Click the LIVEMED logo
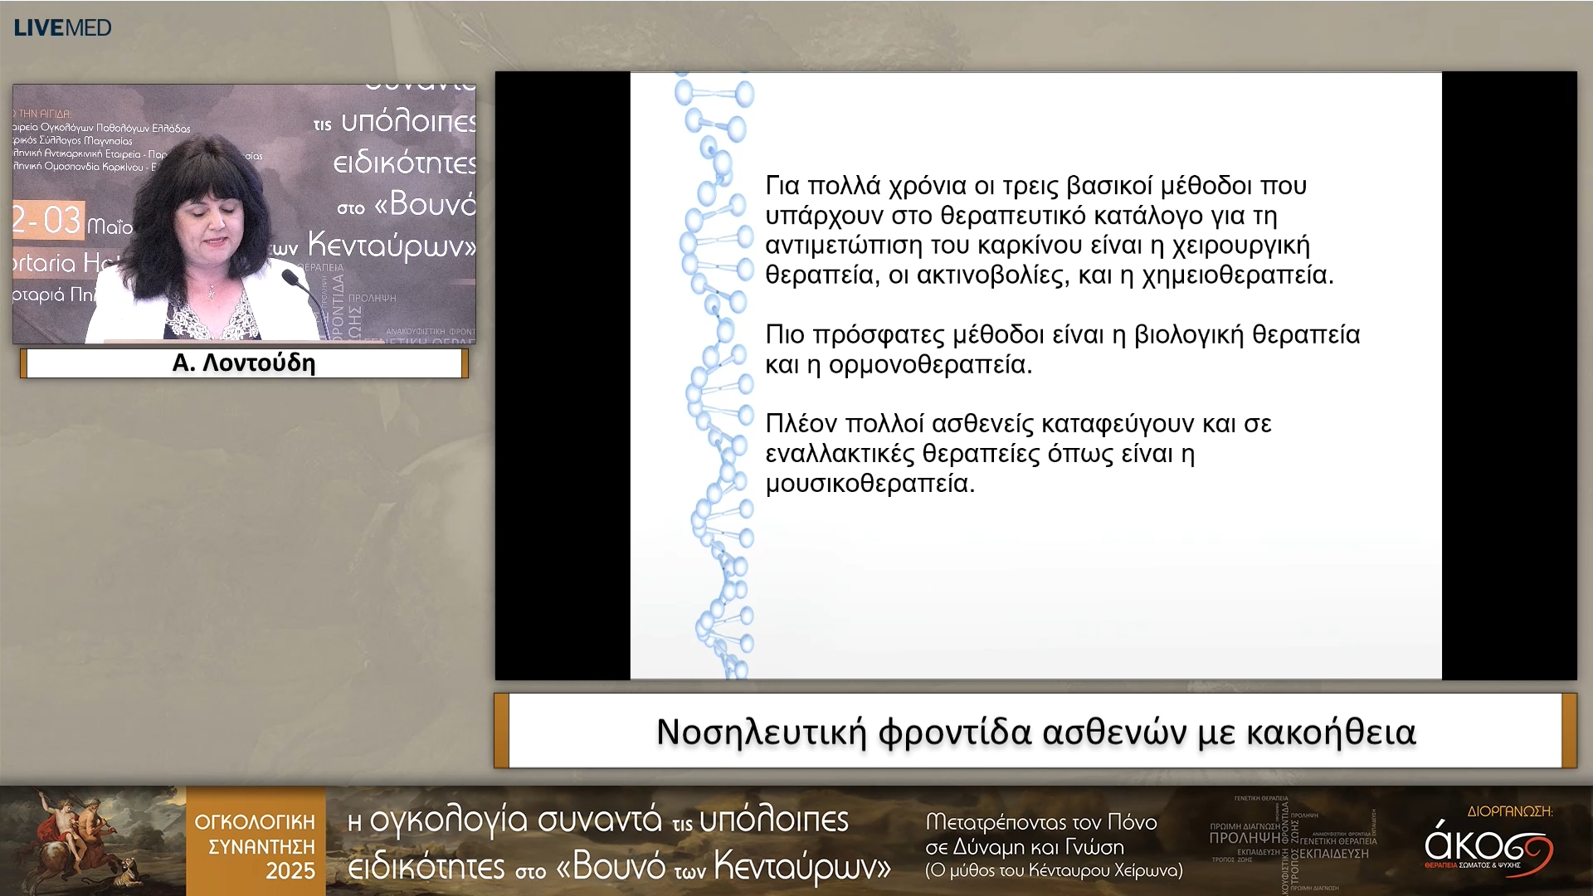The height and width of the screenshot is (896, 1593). (x=62, y=27)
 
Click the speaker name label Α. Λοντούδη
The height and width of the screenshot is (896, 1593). (x=244, y=363)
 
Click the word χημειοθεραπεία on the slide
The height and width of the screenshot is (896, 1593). (x=1237, y=275)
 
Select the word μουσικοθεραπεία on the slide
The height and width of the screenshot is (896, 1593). (x=870, y=483)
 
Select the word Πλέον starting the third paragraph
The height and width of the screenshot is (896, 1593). (x=801, y=424)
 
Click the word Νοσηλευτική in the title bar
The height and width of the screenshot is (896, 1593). (x=761, y=732)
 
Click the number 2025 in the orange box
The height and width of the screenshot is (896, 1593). (x=290, y=871)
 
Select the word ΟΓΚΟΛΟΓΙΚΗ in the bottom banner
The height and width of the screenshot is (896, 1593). (x=255, y=822)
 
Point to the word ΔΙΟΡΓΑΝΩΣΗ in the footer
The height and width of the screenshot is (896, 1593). (x=1509, y=811)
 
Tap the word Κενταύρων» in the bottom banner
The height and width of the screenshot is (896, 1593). (x=801, y=867)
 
